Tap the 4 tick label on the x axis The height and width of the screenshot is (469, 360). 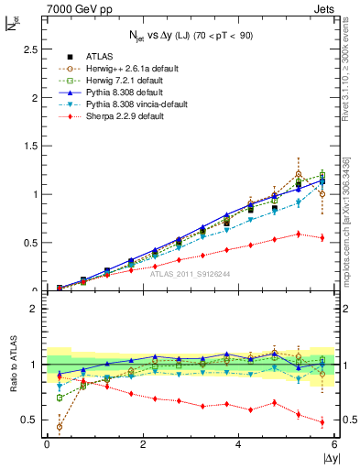238,444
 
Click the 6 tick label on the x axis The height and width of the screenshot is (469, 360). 334,444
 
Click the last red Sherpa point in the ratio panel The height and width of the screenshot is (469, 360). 322,422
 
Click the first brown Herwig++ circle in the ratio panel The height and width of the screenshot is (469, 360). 60,427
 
